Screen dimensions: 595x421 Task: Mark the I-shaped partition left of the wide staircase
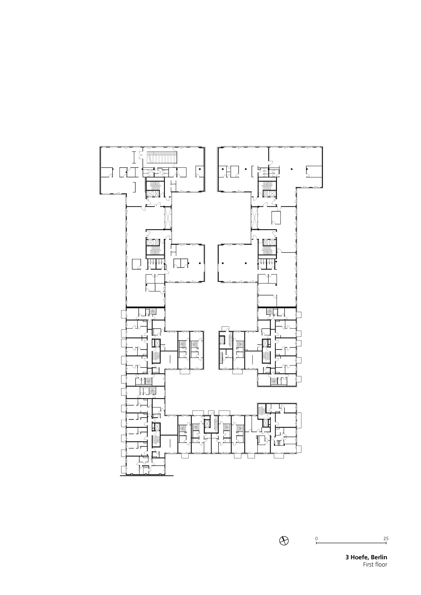pyautogui.click(x=134, y=157)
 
